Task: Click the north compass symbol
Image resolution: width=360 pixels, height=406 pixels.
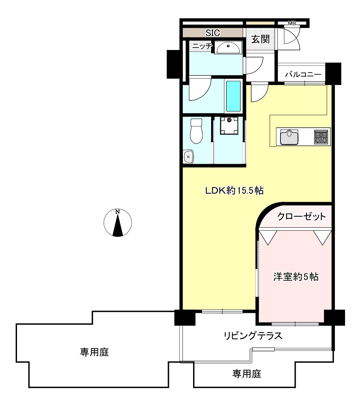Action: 118,223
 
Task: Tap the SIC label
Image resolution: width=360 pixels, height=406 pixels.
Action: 213,33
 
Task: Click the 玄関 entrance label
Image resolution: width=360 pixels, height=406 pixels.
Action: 260,39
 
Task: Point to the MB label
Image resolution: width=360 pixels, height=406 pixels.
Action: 292,23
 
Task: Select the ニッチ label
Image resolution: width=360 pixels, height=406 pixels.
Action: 202,47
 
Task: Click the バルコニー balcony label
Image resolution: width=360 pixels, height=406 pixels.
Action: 303,74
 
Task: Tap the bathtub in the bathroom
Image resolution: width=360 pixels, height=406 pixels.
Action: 233,96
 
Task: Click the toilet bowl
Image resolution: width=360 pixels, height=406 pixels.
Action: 196,131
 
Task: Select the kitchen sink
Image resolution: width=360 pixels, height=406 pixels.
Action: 289,137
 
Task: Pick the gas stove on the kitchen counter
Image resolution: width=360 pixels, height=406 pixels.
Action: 321,137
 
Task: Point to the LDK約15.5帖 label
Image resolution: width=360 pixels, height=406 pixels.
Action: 234,191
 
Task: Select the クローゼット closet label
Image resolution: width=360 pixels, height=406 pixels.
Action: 302,216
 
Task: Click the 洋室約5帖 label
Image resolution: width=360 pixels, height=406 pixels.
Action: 296,277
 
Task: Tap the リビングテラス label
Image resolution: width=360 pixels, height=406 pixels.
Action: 253,336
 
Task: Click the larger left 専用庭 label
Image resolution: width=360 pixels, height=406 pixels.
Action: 95,352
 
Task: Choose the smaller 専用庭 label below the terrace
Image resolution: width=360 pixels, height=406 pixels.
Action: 247,374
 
